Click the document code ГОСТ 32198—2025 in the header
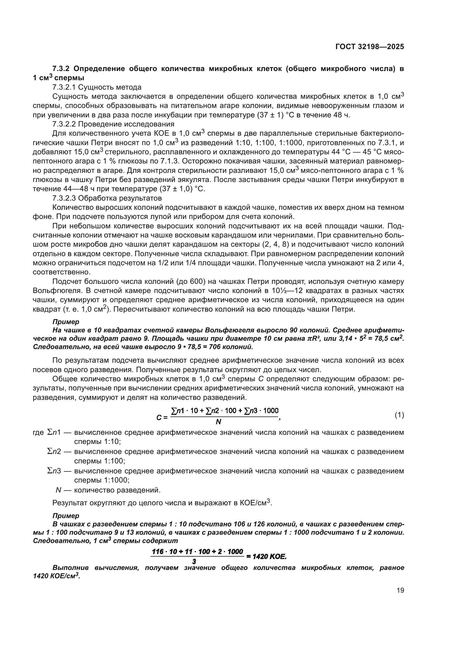click(369, 47)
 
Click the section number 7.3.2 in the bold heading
click(62, 69)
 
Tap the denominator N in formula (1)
click(218, 422)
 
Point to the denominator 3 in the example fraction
click(194, 561)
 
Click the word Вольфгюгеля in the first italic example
click(228, 330)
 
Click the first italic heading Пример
click(66, 322)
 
